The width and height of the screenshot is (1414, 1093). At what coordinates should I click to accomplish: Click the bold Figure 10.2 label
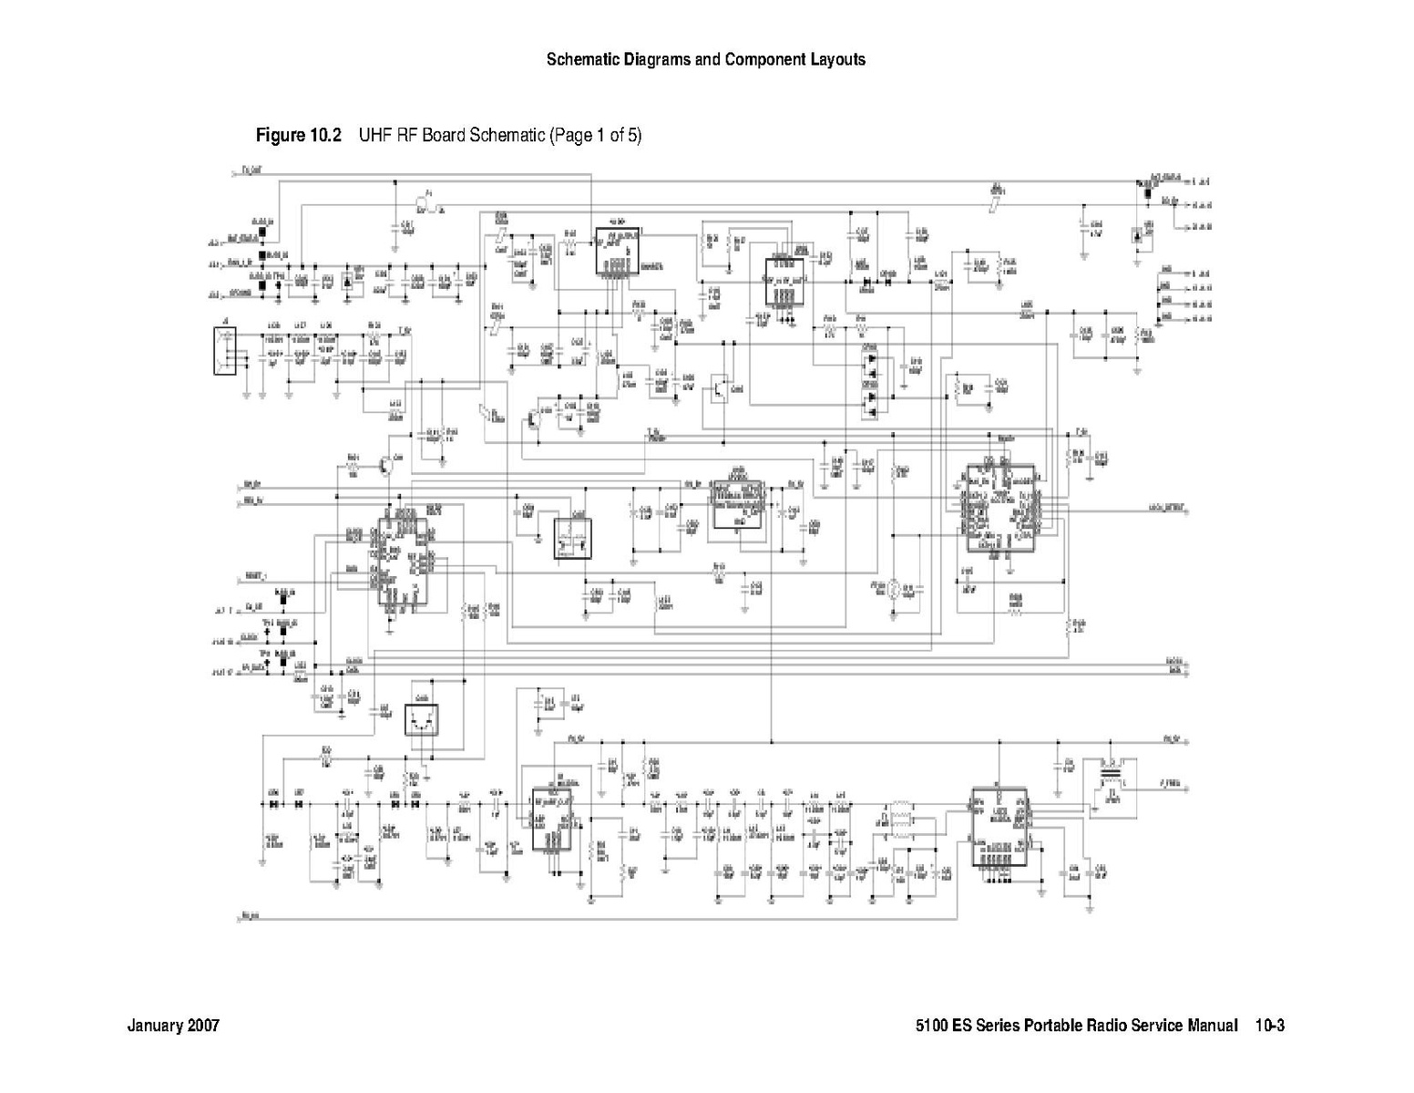298,136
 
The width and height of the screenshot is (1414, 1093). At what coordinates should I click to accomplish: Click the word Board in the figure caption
443,136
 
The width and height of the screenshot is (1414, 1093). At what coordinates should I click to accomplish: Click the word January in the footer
155,1026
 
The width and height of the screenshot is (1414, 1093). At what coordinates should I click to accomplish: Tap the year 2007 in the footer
203,1026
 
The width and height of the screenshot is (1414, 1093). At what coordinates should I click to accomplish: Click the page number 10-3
1269,1026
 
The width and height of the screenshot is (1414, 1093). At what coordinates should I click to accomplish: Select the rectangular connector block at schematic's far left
224,350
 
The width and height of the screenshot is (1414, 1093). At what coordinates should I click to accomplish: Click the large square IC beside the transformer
999,827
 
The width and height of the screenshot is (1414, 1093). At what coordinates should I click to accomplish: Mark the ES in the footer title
962,1026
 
